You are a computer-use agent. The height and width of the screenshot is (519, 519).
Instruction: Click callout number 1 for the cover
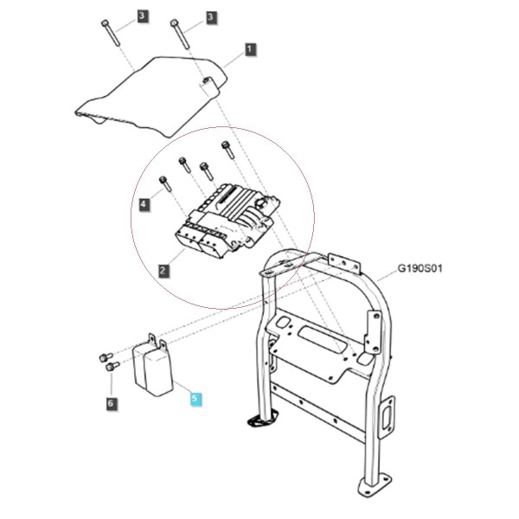coord(250,49)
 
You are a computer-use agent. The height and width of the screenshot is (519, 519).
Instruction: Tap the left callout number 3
coord(143,16)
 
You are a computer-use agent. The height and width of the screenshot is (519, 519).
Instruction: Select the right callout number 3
coord(211,17)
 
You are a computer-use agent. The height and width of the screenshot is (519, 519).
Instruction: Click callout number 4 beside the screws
coord(144,204)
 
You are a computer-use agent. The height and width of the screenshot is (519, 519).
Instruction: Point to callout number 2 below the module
coord(163,271)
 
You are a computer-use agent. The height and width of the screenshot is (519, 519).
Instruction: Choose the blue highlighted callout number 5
coord(195,398)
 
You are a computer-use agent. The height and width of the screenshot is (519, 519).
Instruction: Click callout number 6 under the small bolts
coord(112,403)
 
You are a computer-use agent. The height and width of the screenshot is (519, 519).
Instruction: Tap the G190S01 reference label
coord(420,268)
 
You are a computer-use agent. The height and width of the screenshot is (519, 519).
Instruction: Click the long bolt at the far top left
coord(111,33)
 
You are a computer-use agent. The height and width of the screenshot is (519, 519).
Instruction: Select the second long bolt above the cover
coord(180,34)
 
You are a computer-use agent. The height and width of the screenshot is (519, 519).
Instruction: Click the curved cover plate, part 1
coord(151,96)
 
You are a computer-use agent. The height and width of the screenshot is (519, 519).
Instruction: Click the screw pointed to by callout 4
coord(165,184)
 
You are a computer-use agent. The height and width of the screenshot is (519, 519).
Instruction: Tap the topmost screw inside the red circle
coord(228,150)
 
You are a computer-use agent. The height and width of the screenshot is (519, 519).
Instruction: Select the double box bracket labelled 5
coord(153,365)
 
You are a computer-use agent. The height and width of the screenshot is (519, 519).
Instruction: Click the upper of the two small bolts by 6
coord(106,357)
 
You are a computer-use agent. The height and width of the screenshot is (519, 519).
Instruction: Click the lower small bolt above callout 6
coord(112,366)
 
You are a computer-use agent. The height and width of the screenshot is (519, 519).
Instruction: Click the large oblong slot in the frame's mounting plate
coord(322,340)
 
